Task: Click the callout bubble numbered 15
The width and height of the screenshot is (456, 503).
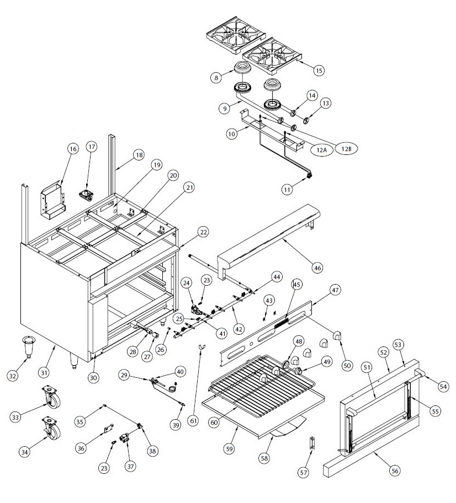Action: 319,70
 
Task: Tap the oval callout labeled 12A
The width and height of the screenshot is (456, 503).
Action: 322,149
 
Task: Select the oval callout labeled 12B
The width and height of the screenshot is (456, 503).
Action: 346,148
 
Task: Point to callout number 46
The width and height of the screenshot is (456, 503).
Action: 317,267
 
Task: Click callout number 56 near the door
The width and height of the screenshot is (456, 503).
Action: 395,470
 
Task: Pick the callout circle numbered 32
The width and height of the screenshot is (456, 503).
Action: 13,376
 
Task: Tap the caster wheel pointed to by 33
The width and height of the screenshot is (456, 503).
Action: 51,397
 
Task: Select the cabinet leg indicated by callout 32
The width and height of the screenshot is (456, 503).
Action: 29,347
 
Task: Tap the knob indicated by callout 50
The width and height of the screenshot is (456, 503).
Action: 337,335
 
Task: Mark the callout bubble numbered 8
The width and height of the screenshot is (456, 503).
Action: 216,77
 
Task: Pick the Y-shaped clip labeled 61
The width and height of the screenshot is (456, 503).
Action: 202,347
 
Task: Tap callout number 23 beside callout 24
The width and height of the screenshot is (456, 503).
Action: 206,280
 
